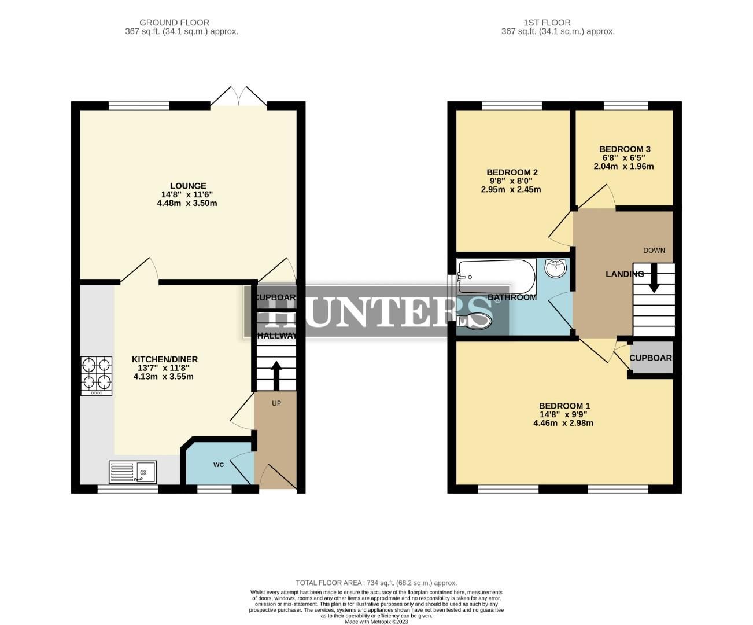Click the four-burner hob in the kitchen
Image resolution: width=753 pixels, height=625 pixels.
(97, 375)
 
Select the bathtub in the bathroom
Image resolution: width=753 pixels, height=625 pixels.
(496, 277)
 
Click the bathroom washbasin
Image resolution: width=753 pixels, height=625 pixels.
(556, 268)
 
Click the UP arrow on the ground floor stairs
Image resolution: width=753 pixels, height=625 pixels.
(276, 375)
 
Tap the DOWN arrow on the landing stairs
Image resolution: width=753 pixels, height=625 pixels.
(654, 278)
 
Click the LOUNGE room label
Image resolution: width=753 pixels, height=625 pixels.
(188, 186)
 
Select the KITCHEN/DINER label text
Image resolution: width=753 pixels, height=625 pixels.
(165, 359)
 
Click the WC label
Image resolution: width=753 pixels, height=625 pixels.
(219, 465)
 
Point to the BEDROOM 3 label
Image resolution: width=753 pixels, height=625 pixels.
(625, 149)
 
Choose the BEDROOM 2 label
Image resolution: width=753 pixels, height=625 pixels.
(512, 172)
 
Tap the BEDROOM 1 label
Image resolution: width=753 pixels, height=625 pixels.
(564, 406)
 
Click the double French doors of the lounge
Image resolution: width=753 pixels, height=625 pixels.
(238, 97)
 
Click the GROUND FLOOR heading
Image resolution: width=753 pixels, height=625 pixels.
(174, 23)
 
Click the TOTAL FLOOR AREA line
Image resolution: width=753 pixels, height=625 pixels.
(376, 583)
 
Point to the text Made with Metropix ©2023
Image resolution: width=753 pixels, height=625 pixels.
(376, 622)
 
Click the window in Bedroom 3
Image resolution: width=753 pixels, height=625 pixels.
(626, 105)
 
